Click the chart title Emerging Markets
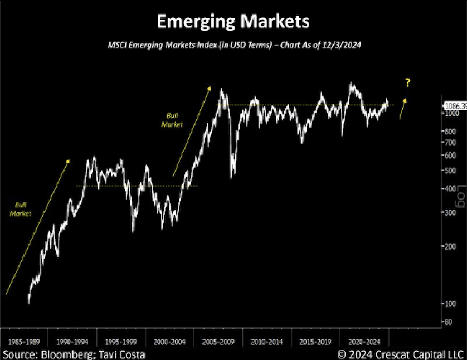(232, 22)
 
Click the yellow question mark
(408, 83)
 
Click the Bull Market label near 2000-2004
(172, 120)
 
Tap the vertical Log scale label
(461, 198)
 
